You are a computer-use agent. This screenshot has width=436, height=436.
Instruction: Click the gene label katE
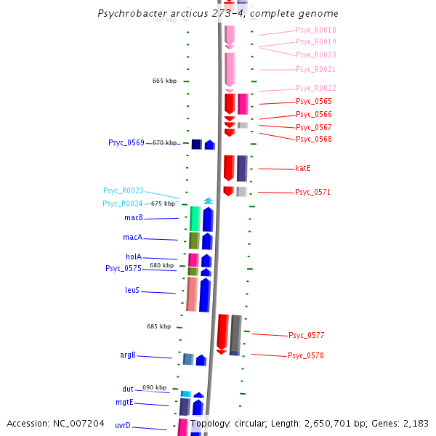pyautogui.click(x=303, y=169)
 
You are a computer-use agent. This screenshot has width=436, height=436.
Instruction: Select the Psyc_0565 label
pyautogui.click(x=314, y=102)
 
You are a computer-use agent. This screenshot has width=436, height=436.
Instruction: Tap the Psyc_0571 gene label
pyautogui.click(x=313, y=193)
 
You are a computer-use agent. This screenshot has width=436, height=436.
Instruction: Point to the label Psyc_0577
pyautogui.click(x=307, y=336)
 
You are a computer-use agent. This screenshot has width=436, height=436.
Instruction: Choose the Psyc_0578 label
pyautogui.click(x=306, y=356)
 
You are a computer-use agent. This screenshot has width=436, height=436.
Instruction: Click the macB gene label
pyautogui.click(x=133, y=218)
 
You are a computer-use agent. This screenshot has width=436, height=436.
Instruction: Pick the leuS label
pyautogui.click(x=132, y=291)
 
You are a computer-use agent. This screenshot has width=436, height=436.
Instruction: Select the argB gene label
pyautogui.click(x=128, y=355)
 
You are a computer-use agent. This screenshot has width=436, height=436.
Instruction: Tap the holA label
pyautogui.click(x=134, y=257)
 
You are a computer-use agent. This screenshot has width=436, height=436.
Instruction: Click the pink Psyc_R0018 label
pyautogui.click(x=316, y=31)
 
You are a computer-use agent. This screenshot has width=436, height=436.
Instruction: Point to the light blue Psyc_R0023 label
pyautogui.click(x=124, y=191)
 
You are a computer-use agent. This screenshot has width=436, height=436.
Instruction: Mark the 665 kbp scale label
pyautogui.click(x=164, y=81)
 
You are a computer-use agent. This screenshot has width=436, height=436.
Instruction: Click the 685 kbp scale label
pyautogui.click(x=158, y=326)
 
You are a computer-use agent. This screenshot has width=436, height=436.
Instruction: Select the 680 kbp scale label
pyautogui.click(x=161, y=265)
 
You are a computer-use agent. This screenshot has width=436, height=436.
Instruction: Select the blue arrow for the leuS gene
pyautogui.click(x=205, y=294)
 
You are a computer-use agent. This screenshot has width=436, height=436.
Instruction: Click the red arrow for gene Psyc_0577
pyautogui.click(x=222, y=333)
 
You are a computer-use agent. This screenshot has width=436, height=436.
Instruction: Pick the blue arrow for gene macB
pyautogui.click(x=208, y=219)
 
